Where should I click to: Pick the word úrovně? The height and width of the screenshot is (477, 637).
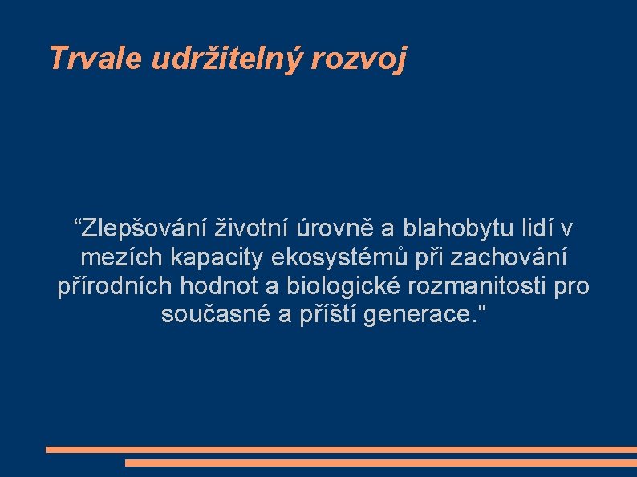(x=336, y=229)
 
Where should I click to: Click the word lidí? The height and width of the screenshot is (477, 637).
(x=535, y=229)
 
